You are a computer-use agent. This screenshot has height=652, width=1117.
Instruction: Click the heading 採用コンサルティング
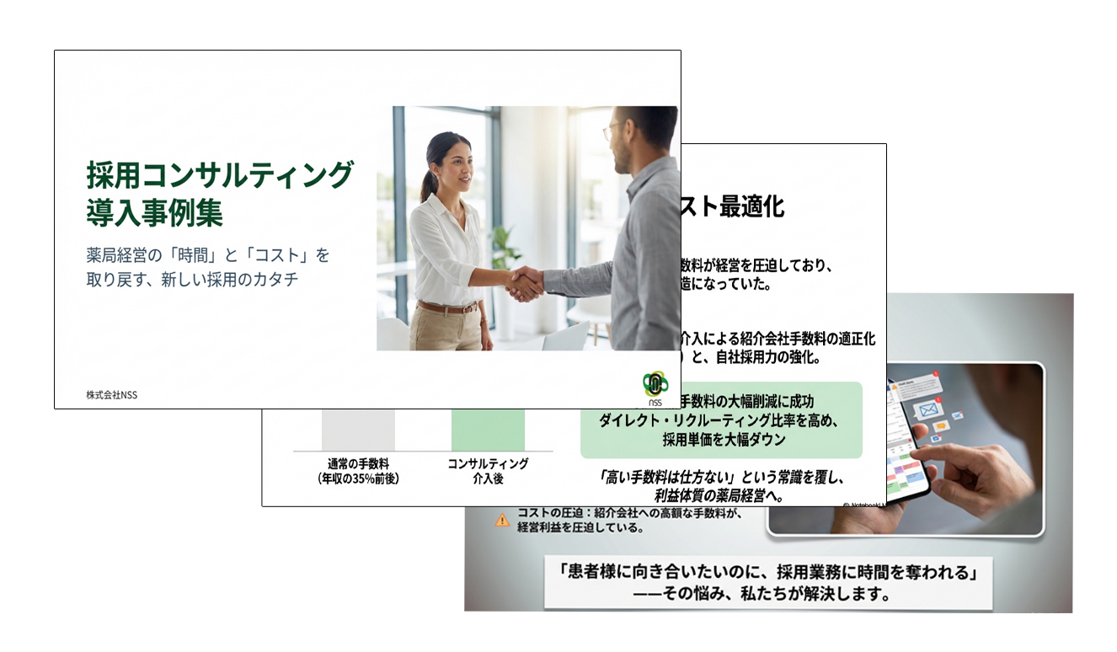(x=219, y=175)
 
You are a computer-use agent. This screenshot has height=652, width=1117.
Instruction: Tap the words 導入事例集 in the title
(x=154, y=212)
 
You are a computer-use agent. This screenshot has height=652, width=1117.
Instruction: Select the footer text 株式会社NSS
(x=111, y=395)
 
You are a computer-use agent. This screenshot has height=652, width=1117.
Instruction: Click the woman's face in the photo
(x=452, y=163)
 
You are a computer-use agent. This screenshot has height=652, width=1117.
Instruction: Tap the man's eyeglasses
(x=613, y=131)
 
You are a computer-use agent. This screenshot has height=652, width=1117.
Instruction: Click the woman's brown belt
(x=446, y=307)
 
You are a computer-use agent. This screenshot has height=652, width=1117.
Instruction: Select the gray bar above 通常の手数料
(x=358, y=430)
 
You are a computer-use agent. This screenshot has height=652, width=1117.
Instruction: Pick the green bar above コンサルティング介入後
(x=488, y=430)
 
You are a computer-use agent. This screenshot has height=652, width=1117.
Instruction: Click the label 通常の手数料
(x=358, y=463)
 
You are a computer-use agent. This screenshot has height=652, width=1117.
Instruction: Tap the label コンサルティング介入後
(x=488, y=471)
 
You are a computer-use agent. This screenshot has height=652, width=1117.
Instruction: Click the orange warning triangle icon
(x=503, y=521)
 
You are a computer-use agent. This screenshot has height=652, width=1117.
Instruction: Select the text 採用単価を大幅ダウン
(x=724, y=439)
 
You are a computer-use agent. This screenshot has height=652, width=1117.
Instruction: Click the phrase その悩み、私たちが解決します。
(x=767, y=595)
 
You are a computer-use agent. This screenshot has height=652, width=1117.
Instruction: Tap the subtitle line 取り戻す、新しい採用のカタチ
(x=192, y=280)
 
